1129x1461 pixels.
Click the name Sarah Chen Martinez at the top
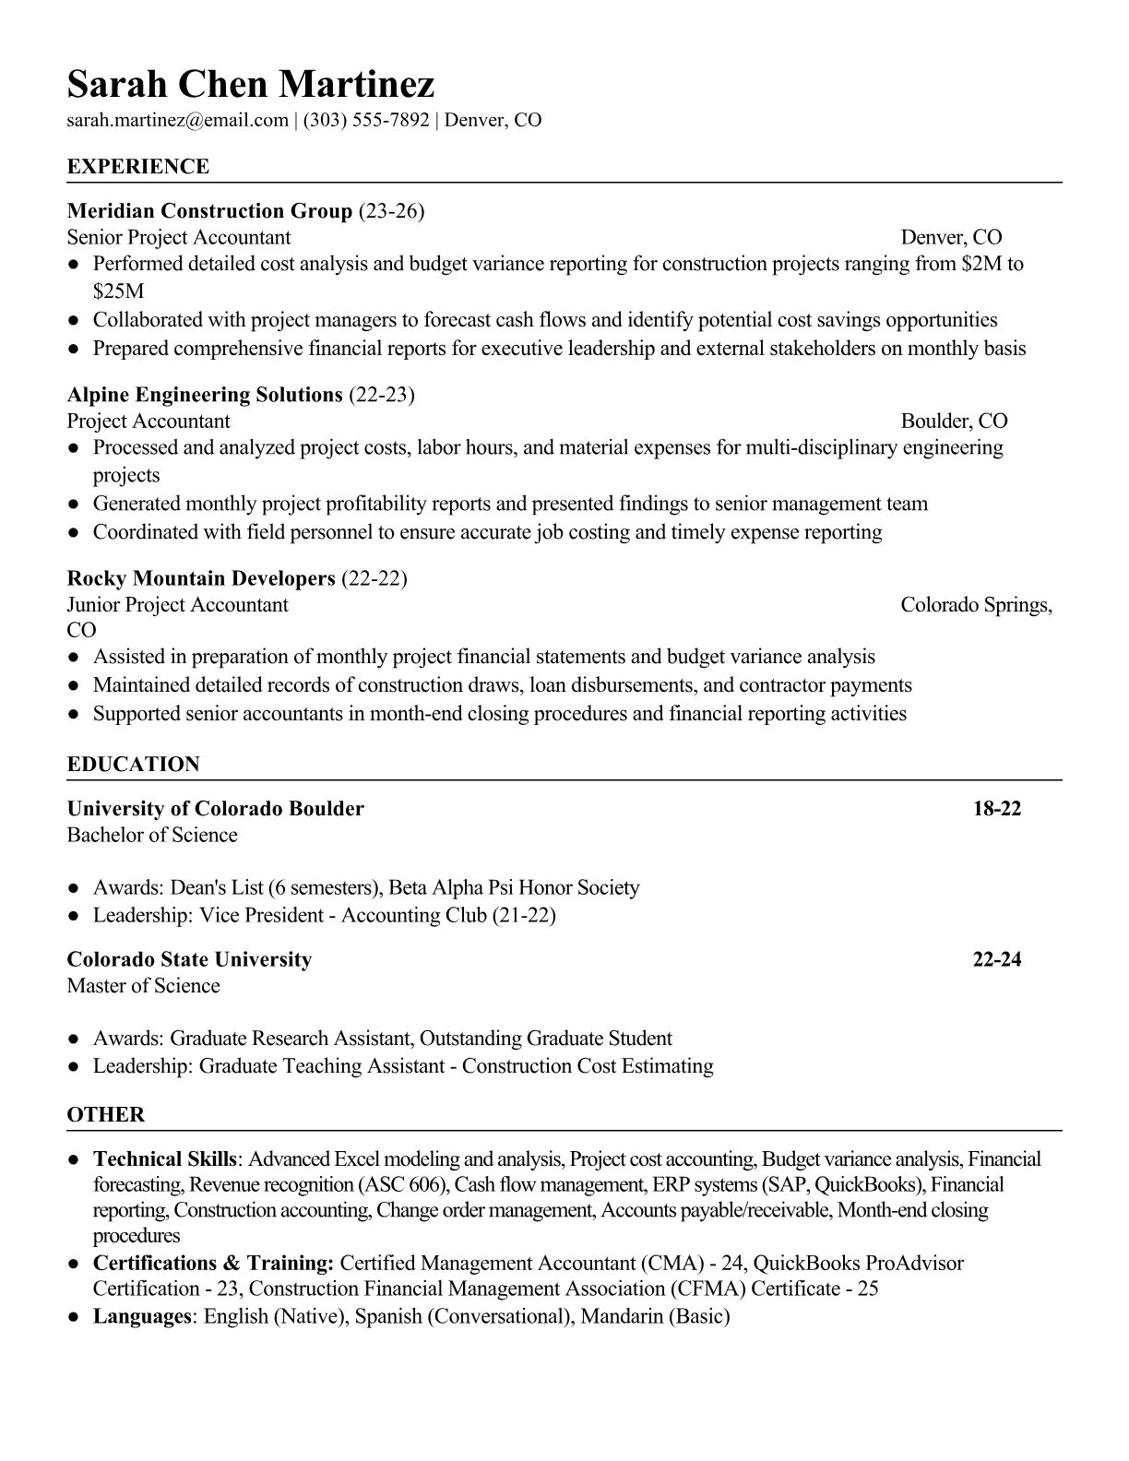coord(250,85)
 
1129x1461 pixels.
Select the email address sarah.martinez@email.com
coord(177,120)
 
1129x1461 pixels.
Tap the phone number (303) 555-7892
coord(366,120)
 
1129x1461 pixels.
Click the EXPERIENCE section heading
coord(138,167)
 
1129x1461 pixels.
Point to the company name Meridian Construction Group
coord(209,211)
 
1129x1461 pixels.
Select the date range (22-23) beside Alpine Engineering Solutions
coord(382,395)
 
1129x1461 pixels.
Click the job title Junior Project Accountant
coord(177,605)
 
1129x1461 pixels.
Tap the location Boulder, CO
coord(954,422)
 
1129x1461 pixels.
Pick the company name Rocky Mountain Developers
coord(200,578)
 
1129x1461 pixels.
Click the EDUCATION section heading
coord(133,765)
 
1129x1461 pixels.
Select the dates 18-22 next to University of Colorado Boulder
coord(997,809)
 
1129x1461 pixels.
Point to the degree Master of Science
coord(143,986)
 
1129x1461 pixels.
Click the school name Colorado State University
coord(189,959)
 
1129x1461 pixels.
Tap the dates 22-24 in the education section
coord(997,959)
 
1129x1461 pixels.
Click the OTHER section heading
coord(106,1114)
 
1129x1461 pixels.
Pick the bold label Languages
coord(141,1316)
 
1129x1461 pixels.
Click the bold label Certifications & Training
coord(213,1263)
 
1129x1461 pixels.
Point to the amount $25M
coord(119,291)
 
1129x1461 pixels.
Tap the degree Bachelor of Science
coord(152,836)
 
